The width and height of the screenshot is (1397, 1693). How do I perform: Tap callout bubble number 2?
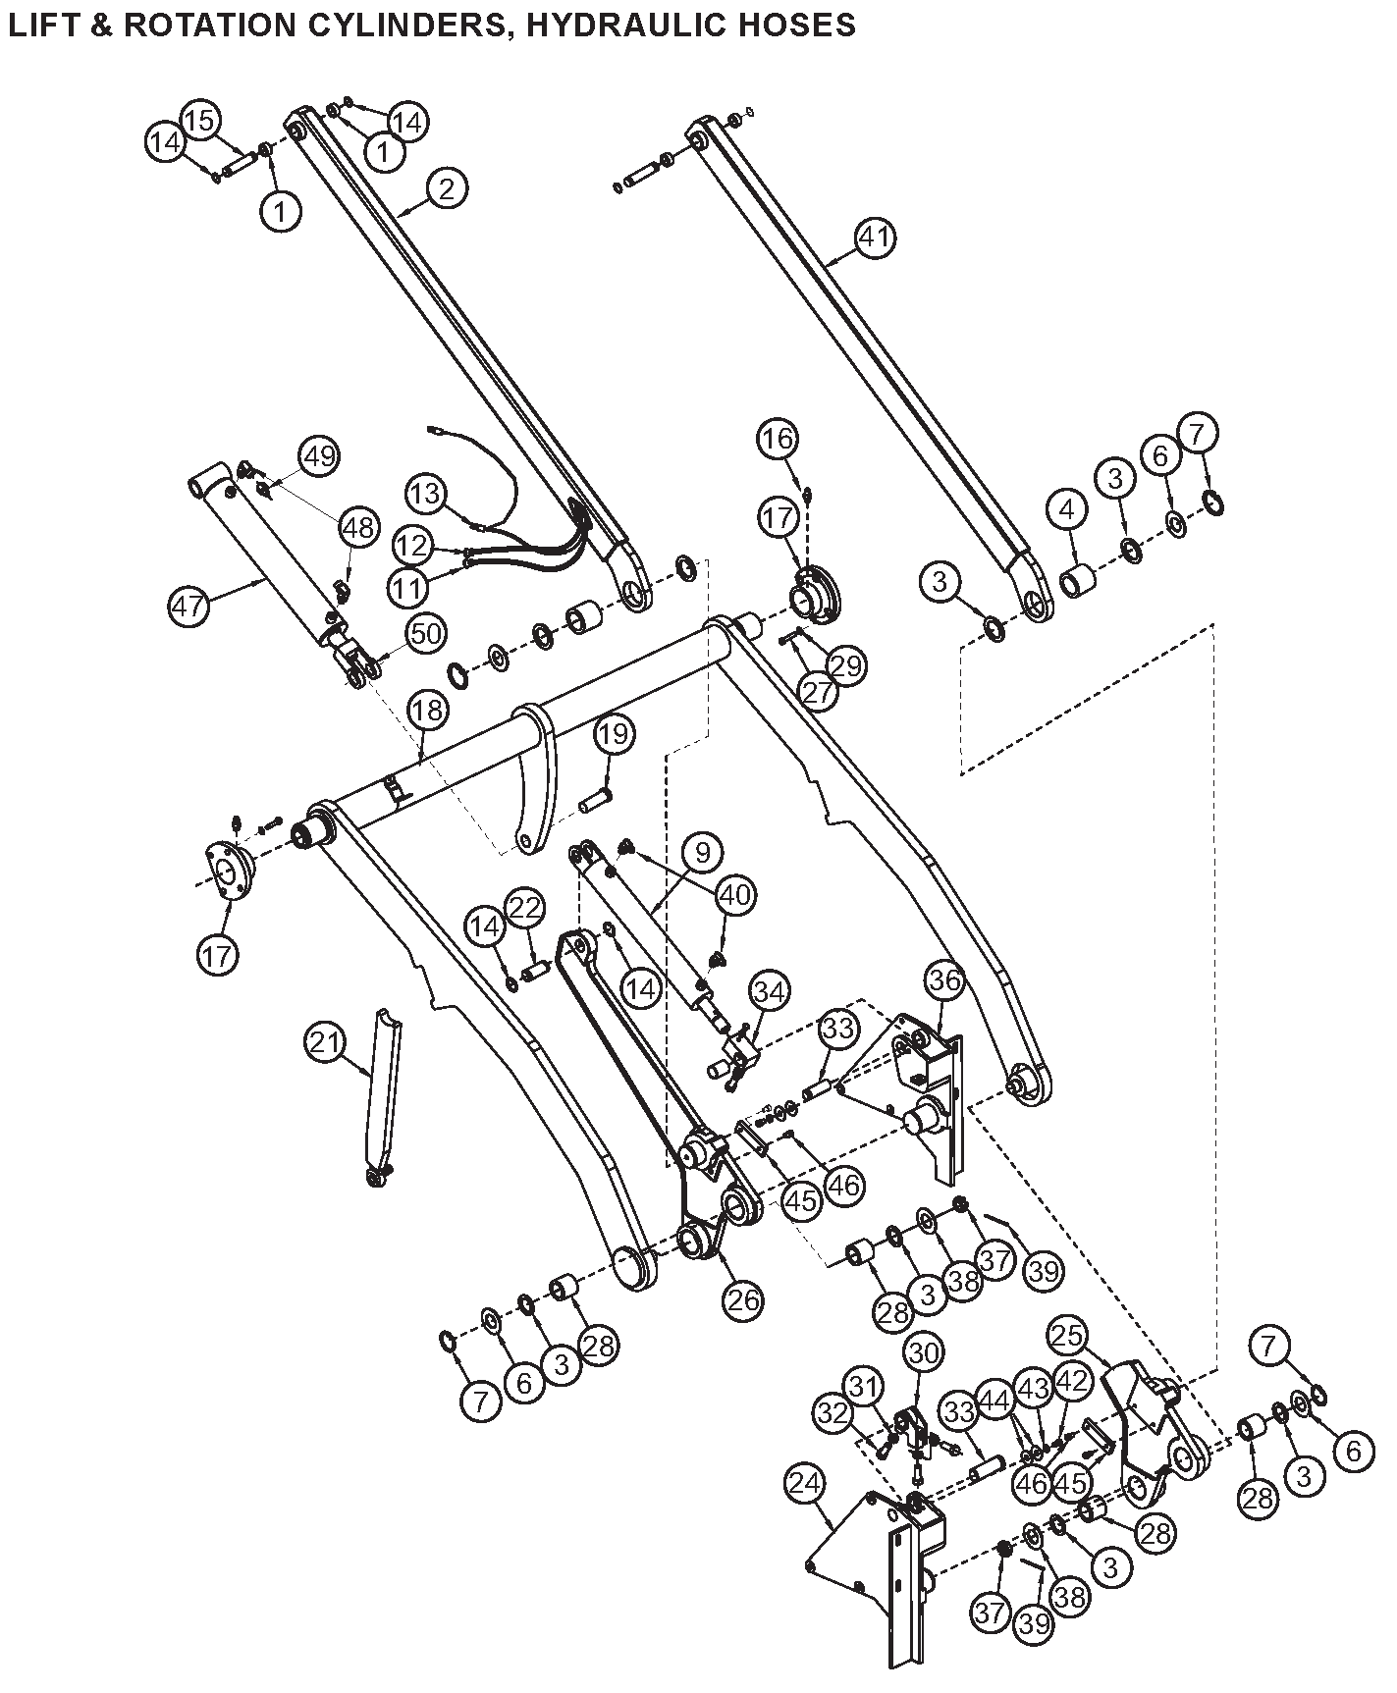click(447, 187)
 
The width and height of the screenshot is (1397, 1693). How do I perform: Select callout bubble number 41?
click(875, 238)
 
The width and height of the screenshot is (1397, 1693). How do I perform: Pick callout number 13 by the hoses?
click(426, 493)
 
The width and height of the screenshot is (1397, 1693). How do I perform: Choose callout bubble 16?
click(778, 439)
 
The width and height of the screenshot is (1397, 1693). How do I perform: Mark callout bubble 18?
click(427, 711)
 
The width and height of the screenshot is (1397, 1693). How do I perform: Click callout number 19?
click(614, 733)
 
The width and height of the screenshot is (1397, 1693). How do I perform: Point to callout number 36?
click(944, 979)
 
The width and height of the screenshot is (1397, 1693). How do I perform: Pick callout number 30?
click(923, 1352)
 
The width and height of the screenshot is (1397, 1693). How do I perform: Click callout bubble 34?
click(769, 992)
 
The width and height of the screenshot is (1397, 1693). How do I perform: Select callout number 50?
click(424, 634)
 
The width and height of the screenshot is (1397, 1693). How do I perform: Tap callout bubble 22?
click(525, 908)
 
